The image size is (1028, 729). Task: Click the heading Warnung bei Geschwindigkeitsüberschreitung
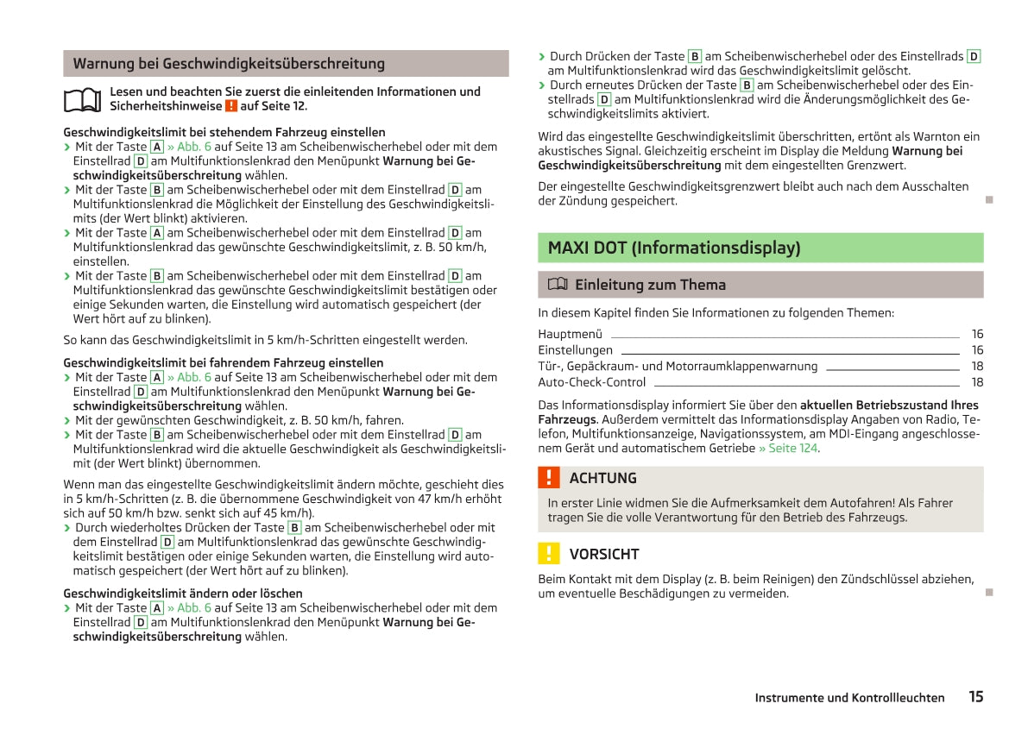[229, 64]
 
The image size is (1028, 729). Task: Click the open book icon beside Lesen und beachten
[82, 99]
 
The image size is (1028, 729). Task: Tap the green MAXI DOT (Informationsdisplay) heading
[674, 248]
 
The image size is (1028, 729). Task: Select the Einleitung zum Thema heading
[650, 285]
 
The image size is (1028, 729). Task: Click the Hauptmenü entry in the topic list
[570, 334]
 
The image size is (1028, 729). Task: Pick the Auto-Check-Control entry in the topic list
[591, 382]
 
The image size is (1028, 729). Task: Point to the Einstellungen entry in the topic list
[575, 350]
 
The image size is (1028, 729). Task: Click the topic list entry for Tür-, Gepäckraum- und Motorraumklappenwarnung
[678, 366]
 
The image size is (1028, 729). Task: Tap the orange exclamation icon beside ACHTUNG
[548, 478]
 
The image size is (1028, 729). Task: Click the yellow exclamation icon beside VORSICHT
[548, 554]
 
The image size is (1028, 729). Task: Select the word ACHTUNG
[603, 478]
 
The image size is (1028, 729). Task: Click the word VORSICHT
[604, 554]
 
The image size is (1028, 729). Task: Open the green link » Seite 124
[788, 448]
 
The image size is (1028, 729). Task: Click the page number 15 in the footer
[975, 697]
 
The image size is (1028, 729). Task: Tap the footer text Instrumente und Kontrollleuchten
[849, 698]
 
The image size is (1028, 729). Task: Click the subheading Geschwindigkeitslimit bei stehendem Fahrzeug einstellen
[224, 132]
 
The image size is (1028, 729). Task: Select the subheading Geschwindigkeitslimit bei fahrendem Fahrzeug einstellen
[224, 362]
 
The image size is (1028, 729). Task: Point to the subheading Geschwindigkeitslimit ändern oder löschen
[183, 593]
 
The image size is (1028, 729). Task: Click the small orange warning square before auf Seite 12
[230, 106]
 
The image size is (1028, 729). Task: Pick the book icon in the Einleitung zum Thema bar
[557, 285]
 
